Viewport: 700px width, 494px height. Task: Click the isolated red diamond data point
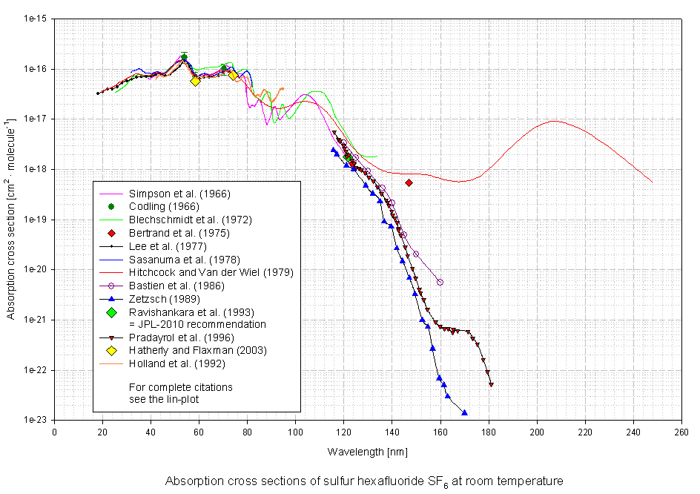[x=409, y=182]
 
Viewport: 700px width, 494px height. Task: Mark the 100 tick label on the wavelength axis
[x=296, y=432]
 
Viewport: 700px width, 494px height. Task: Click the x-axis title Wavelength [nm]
[x=367, y=451]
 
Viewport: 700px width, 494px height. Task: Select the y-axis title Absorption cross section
[x=10, y=220]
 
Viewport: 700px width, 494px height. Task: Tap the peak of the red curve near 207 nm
[x=553, y=121]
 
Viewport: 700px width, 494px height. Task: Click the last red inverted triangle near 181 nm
[x=491, y=384]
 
